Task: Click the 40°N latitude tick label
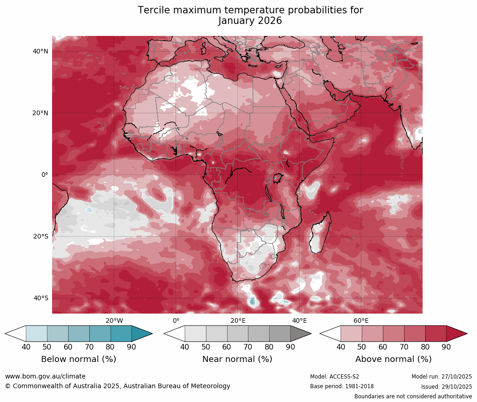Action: pos(41,52)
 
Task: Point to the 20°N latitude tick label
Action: pos(41,113)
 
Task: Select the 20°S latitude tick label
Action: pos(41,237)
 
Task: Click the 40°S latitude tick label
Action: pos(41,298)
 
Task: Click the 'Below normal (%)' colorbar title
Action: pos(78,359)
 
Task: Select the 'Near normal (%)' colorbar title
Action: pos(237,359)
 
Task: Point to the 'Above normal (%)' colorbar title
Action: pos(393,359)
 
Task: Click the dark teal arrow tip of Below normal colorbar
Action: pos(143,333)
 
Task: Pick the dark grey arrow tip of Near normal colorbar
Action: pos(301,333)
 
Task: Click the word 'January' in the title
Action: pos(237,21)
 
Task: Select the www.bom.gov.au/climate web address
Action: pos(45,377)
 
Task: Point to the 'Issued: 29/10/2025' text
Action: pos(446,387)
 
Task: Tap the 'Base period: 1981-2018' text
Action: pos(342,387)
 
